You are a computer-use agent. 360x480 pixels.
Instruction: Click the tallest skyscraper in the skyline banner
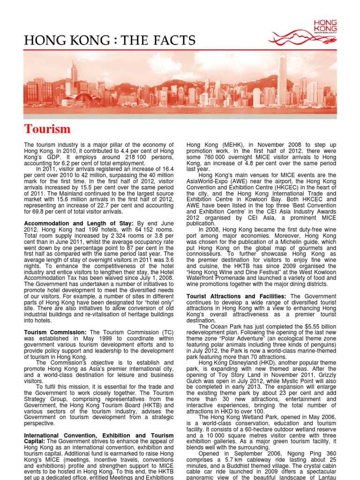(282, 80)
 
